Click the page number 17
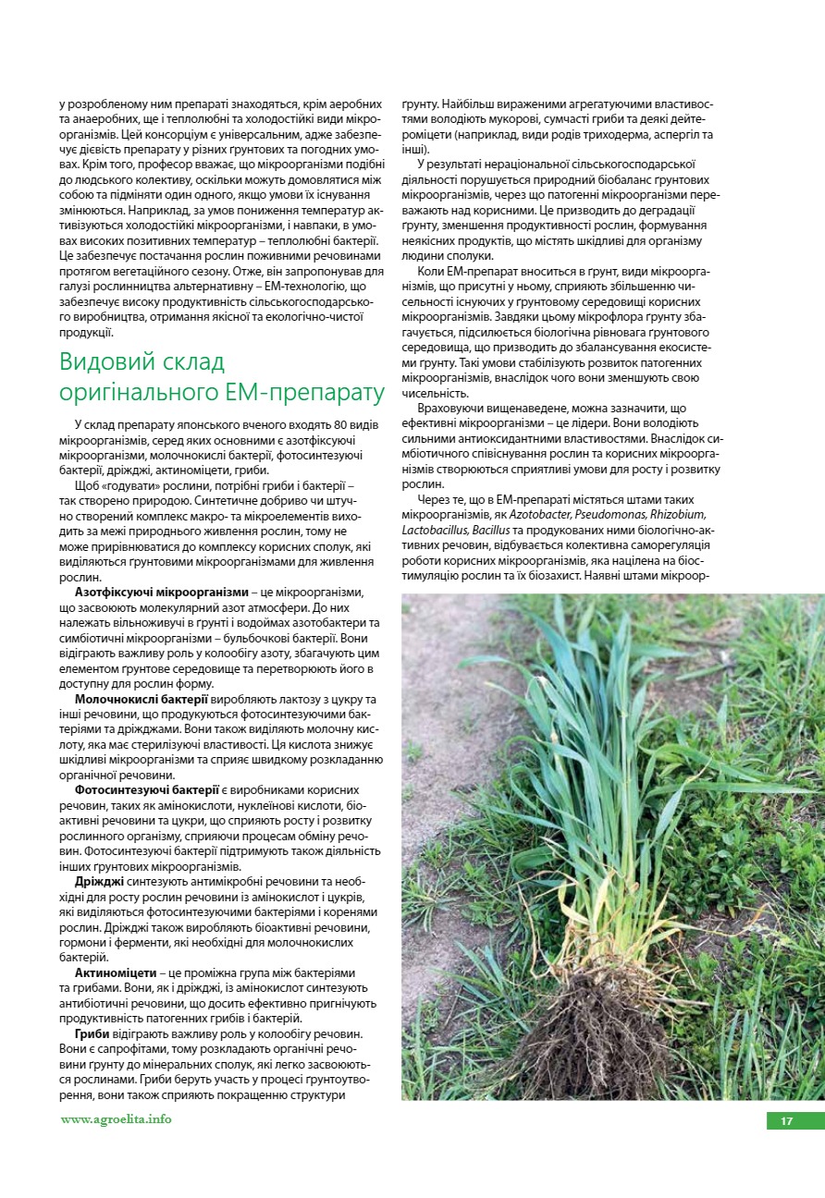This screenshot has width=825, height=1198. coord(787,1121)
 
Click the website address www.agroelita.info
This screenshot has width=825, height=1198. coord(116,1119)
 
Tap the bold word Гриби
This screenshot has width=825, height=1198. coord(92,1033)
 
